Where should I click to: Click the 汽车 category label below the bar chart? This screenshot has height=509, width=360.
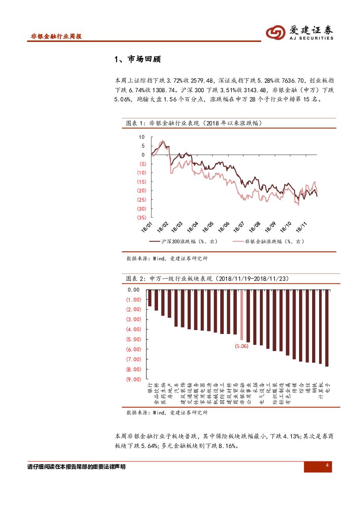tap(176, 388)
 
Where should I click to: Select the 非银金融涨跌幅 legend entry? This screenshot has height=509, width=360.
tap(268, 241)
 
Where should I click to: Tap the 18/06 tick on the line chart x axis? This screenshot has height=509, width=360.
tap(224, 226)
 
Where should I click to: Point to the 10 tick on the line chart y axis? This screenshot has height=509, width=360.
tap(141, 137)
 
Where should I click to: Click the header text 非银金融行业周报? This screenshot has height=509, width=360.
tap(57, 37)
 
